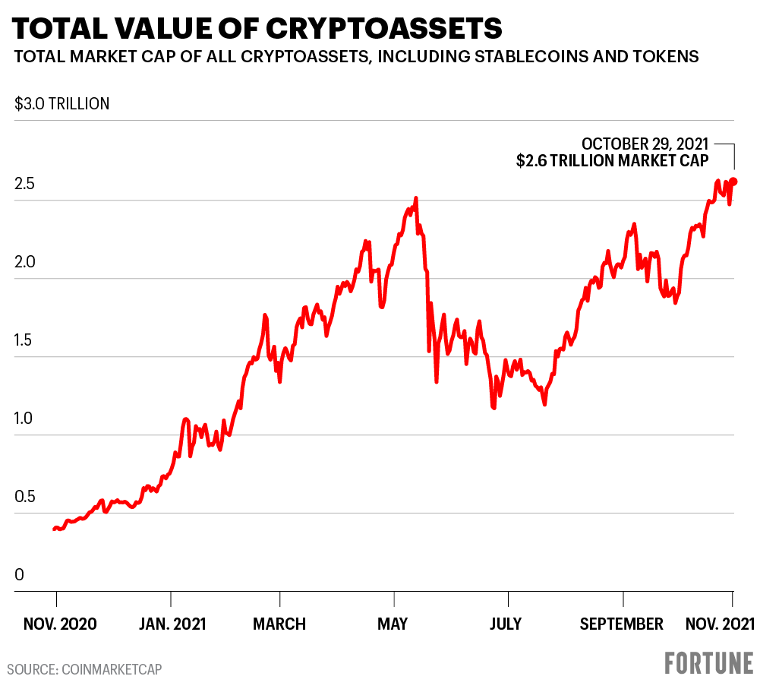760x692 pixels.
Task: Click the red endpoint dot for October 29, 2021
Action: click(733, 182)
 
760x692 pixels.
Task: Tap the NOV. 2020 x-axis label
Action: click(60, 624)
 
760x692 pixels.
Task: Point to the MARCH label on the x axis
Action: click(280, 624)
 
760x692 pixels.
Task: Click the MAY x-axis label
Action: click(393, 624)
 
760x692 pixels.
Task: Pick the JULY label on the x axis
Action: click(506, 624)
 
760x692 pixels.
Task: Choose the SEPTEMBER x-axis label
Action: click(622, 624)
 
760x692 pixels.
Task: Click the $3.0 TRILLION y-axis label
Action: click(62, 104)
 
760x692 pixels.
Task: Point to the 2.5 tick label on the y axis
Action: click(24, 184)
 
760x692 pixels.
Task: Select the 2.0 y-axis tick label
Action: click(24, 262)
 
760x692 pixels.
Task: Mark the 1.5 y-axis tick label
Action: click(24, 340)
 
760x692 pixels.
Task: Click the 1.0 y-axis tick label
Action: click(24, 419)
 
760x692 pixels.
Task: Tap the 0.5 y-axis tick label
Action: click(24, 497)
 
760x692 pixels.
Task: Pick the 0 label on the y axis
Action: click(19, 575)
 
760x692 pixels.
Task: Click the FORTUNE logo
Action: click(709, 662)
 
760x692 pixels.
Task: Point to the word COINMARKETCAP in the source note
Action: click(112, 669)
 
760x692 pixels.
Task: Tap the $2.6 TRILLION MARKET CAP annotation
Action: click(613, 160)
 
